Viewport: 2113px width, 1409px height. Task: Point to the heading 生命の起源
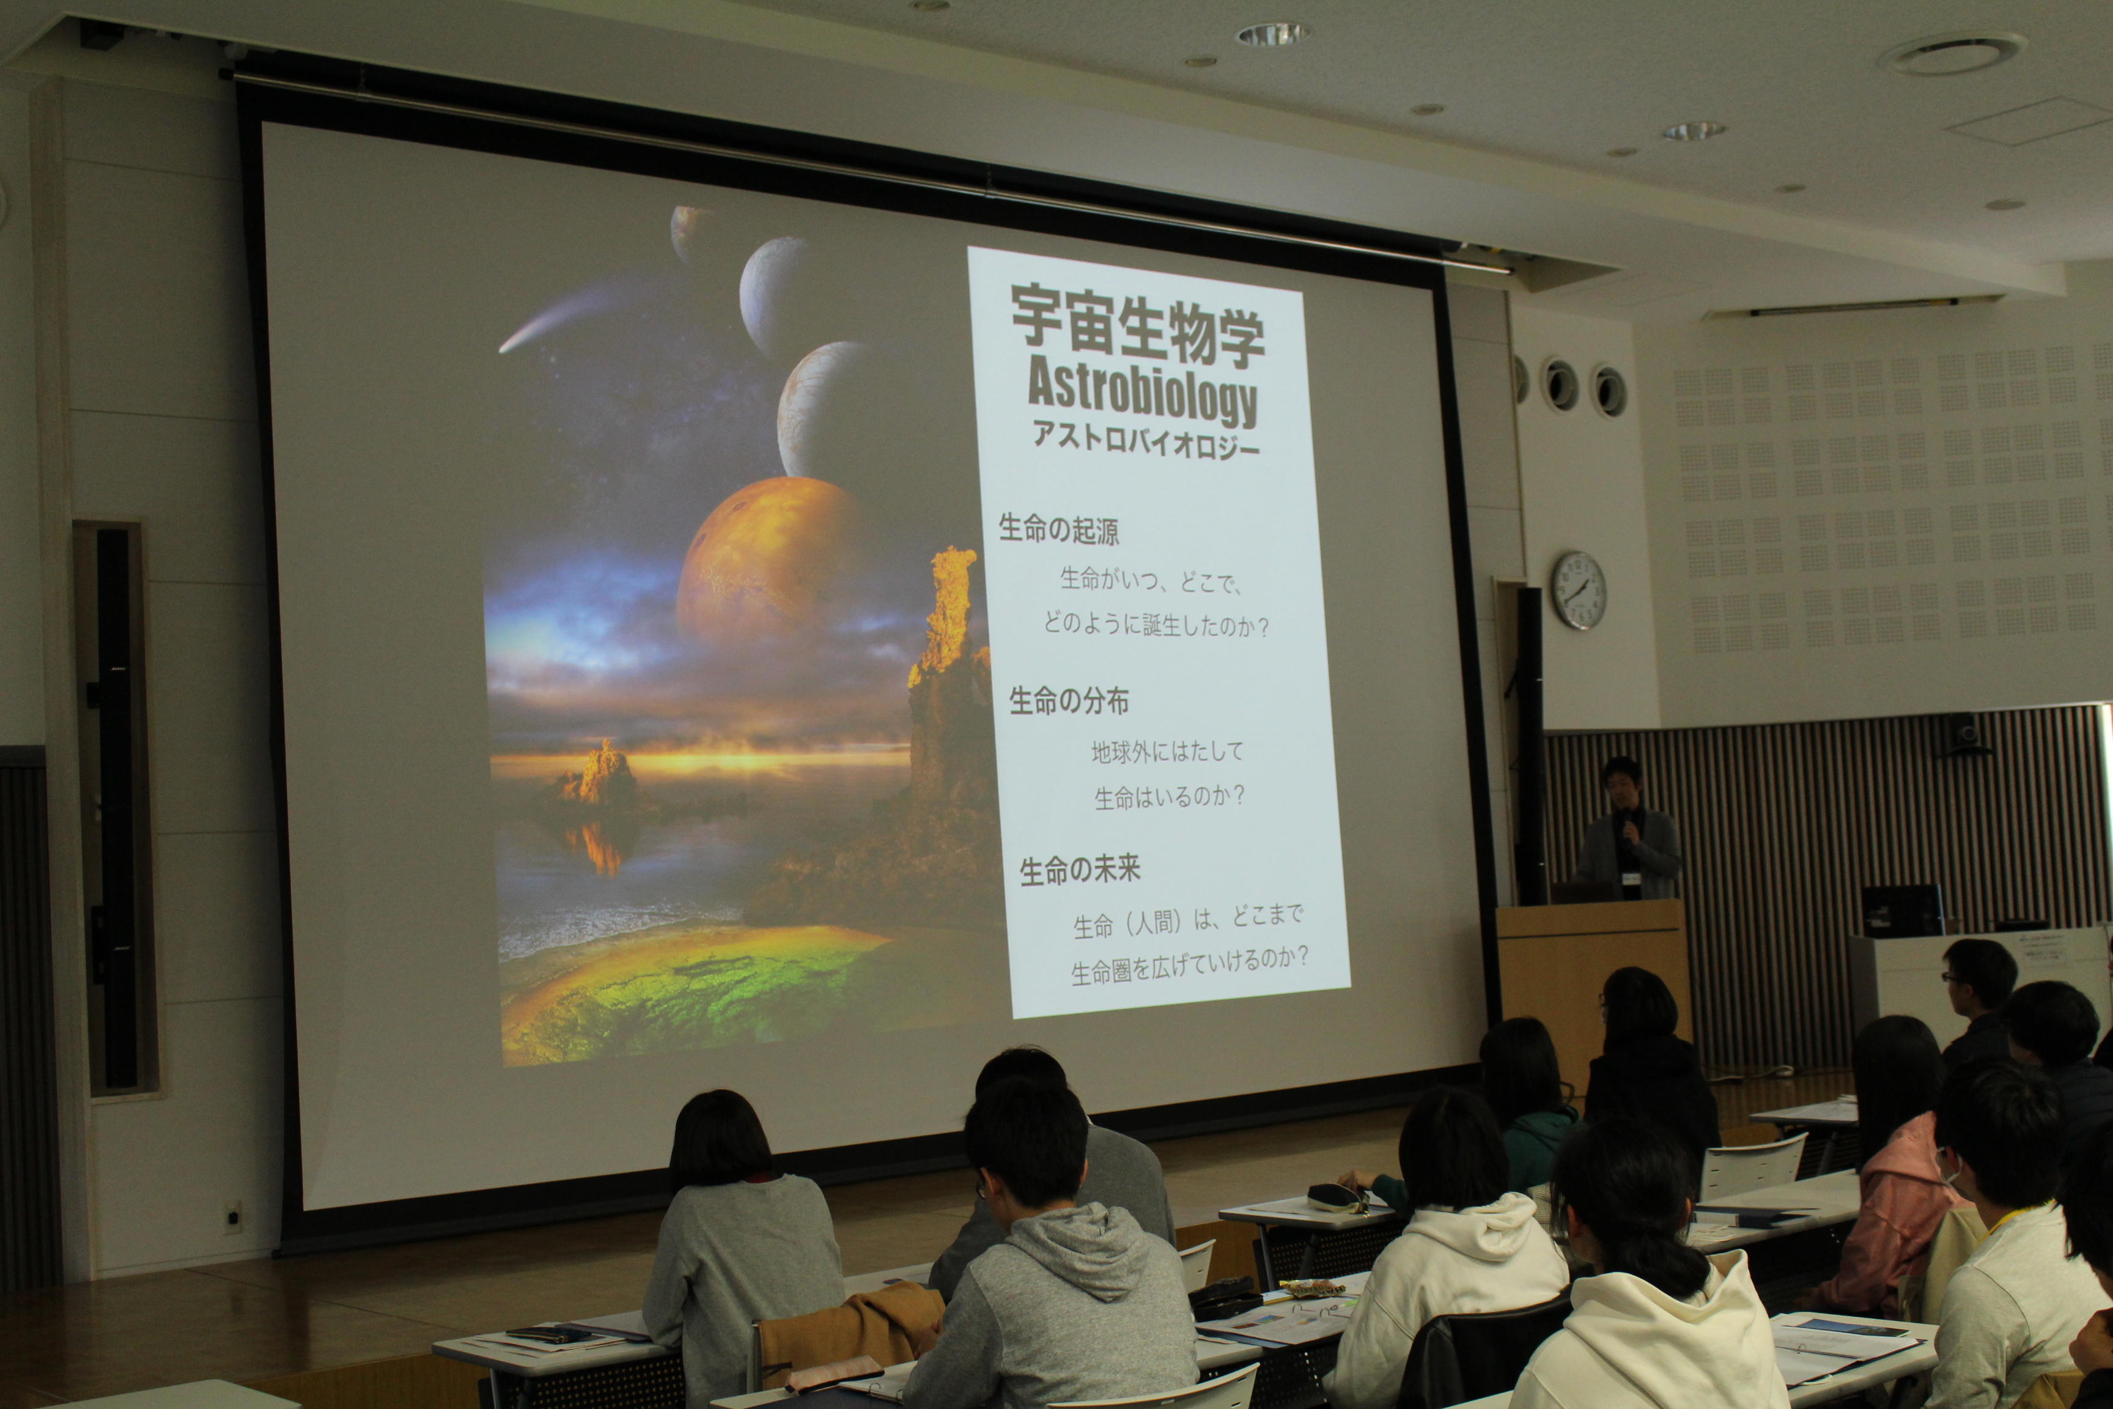point(1059,530)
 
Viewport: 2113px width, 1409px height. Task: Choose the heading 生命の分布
point(1069,701)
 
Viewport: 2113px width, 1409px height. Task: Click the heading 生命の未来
point(1080,870)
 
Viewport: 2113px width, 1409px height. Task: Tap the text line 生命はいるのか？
point(1170,796)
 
